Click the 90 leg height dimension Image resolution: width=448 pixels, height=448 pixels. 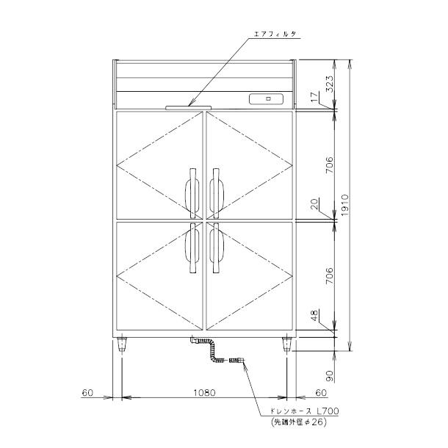click(x=329, y=376)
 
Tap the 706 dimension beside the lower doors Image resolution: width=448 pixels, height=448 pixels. click(x=329, y=275)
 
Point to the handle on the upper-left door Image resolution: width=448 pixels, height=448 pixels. click(x=192, y=192)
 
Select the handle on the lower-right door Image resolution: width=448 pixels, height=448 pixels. click(x=216, y=248)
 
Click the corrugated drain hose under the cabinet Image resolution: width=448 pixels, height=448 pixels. click(x=215, y=352)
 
